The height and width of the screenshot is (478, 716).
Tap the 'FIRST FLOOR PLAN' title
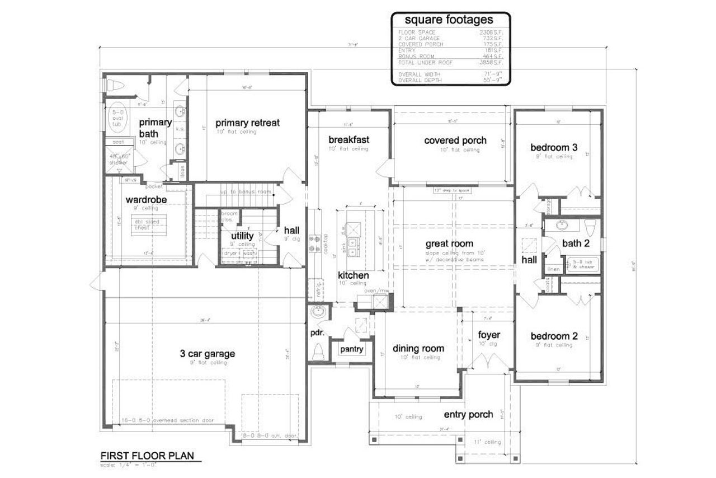(147, 456)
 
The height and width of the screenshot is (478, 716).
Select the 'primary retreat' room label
(248, 123)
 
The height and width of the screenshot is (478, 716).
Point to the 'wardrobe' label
(146, 199)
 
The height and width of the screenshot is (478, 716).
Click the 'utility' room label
(242, 236)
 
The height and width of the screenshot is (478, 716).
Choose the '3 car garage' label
(207, 354)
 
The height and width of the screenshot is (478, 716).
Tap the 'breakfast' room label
(348, 139)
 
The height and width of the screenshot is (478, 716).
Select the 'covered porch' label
(455, 140)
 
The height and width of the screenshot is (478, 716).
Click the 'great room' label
(449, 243)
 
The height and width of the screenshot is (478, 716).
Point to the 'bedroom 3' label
(554, 148)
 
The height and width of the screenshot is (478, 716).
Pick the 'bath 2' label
(576, 243)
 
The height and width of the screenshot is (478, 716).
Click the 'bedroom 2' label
(554, 336)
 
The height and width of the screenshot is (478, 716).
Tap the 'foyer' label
(488, 335)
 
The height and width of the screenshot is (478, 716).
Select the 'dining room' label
(418, 348)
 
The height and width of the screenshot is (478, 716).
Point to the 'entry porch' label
(468, 415)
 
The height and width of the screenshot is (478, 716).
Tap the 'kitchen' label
(353, 275)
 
